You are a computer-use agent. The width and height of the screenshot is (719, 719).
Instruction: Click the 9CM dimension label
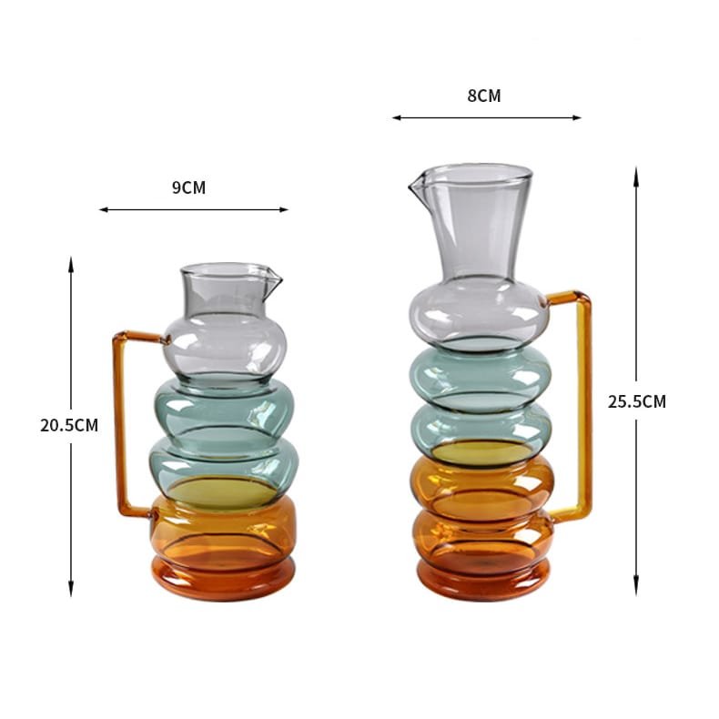189,187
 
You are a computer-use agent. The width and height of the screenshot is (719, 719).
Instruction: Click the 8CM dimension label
484,96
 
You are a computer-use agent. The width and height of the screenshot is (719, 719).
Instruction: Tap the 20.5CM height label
69,425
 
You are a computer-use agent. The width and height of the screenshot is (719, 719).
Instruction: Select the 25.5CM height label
637,401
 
